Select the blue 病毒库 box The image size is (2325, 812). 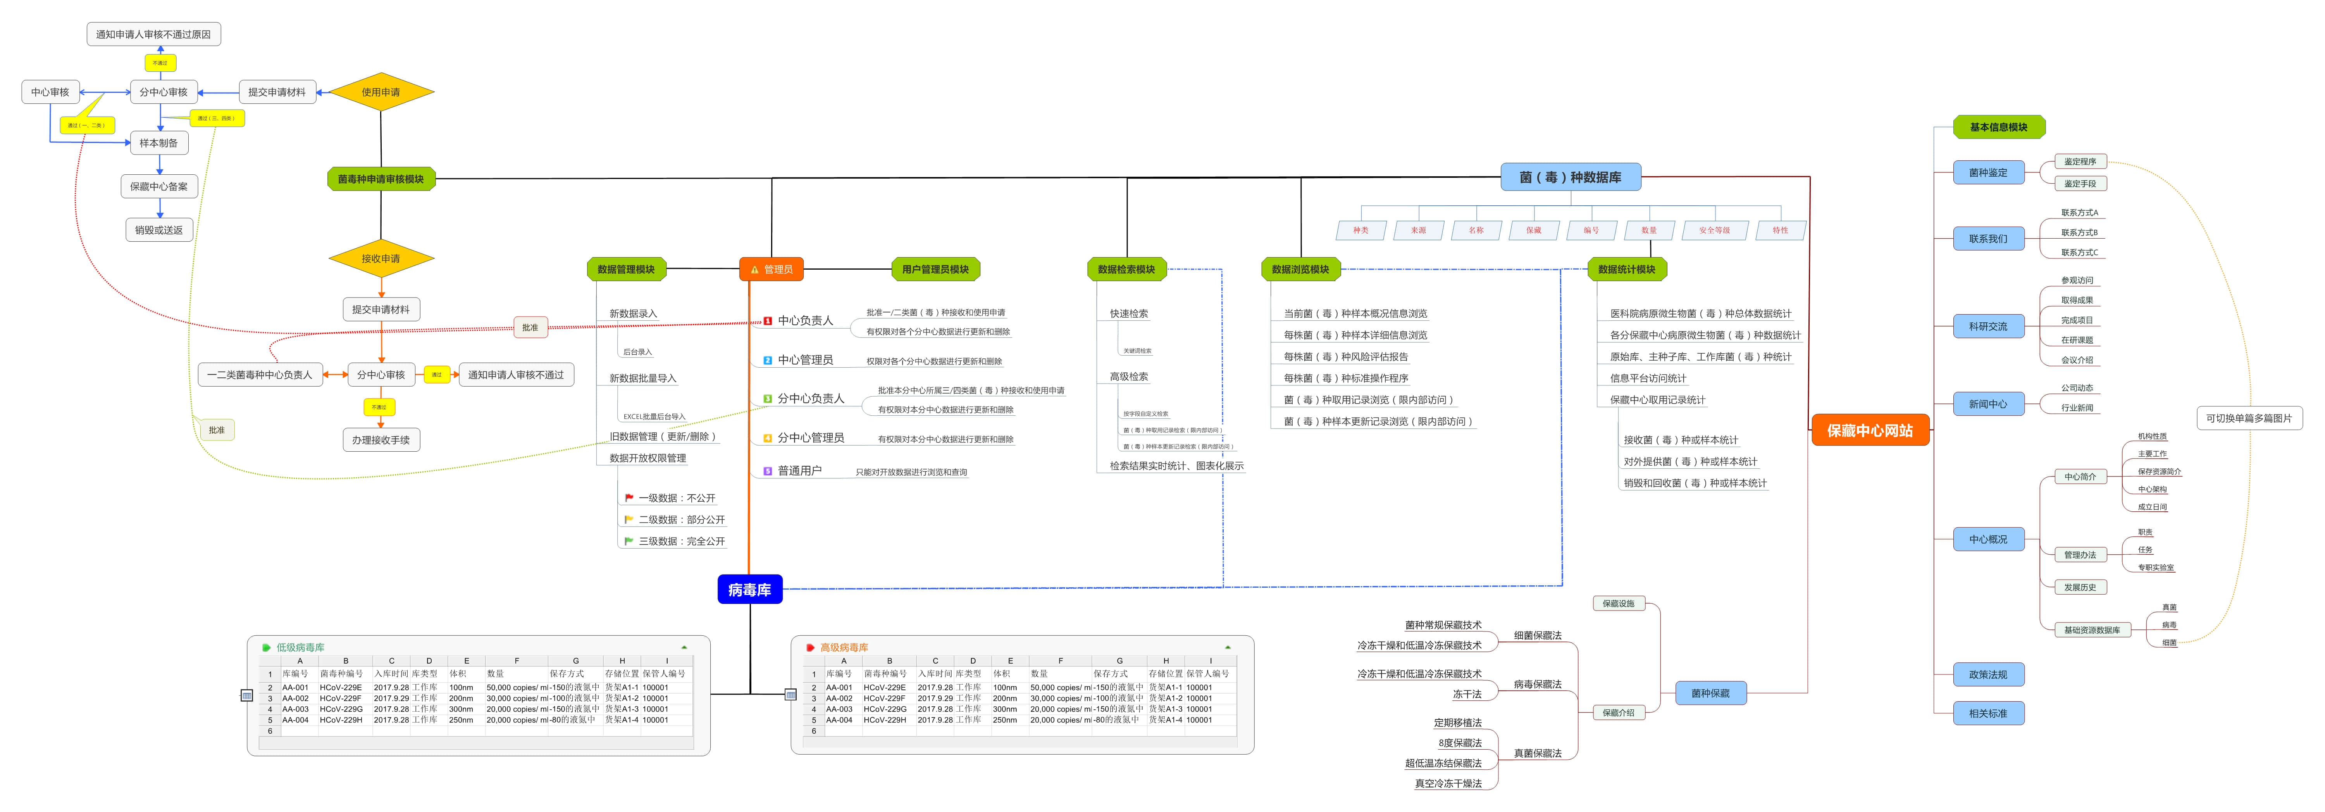(x=749, y=589)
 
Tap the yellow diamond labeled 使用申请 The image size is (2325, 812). (x=381, y=92)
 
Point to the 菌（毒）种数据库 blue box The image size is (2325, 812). (x=1569, y=177)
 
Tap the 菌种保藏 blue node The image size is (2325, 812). (x=1709, y=693)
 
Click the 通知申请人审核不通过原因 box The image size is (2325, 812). (x=153, y=34)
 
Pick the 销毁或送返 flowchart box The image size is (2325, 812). (x=159, y=230)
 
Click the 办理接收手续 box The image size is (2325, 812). (x=381, y=440)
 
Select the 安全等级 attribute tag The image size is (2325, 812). (x=1714, y=230)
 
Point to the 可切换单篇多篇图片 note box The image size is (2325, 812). (x=2248, y=418)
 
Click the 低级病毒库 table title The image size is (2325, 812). (x=301, y=647)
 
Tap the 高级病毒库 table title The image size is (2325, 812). (x=844, y=647)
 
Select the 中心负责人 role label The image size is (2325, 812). (x=805, y=320)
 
